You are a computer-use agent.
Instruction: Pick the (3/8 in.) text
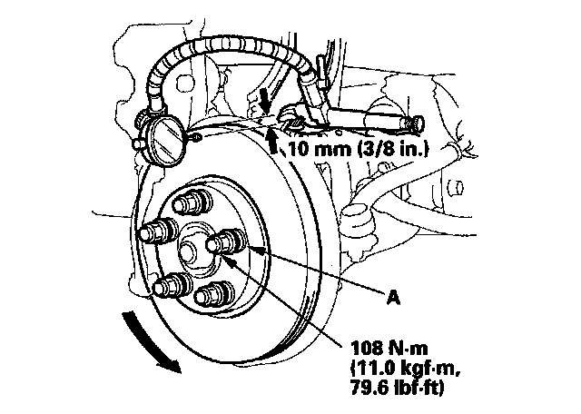pyautogui.click(x=392, y=144)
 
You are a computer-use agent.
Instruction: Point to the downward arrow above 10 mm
pyautogui.click(x=263, y=94)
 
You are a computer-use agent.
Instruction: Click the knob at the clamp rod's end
pyautogui.click(x=416, y=120)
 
